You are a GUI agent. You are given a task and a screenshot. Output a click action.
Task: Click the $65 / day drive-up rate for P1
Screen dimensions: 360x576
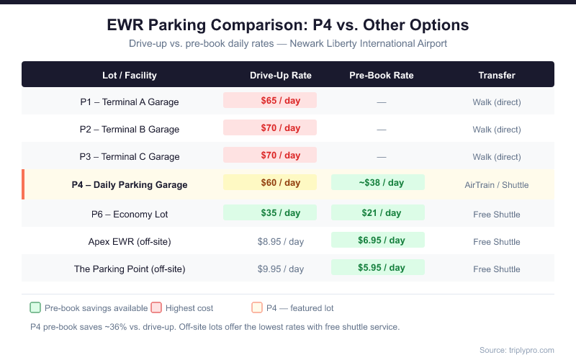coord(270,101)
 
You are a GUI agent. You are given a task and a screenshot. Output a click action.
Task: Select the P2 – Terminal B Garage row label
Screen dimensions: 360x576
coord(130,130)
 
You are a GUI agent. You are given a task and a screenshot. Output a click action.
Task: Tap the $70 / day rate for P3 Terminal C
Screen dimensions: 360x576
coord(270,156)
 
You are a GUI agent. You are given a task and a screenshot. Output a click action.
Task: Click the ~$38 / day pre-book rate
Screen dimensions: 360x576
coord(378,183)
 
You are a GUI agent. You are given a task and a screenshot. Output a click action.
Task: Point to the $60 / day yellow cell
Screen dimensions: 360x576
coord(270,183)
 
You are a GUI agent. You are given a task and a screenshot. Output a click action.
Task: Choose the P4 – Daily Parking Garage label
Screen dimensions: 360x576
coord(130,185)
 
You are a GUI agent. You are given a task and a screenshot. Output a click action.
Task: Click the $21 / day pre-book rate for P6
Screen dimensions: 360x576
coord(378,213)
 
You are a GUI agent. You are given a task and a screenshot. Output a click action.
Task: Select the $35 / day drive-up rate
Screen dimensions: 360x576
coord(270,213)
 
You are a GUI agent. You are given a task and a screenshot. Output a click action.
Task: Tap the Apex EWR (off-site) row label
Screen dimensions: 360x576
coord(130,241)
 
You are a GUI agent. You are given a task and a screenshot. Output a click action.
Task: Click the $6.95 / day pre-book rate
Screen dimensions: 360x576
coord(378,240)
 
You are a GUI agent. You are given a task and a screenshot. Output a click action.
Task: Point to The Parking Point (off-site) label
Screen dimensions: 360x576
coord(130,269)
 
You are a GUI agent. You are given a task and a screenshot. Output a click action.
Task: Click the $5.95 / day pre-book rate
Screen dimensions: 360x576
coord(378,268)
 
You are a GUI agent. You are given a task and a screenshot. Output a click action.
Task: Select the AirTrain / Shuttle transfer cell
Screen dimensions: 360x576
coord(497,185)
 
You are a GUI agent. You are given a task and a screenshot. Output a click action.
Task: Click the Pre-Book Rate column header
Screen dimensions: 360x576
coord(382,75)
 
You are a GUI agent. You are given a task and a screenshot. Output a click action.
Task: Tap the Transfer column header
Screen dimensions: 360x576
coord(497,75)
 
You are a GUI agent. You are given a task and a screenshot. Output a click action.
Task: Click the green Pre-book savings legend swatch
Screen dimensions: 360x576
coord(35,307)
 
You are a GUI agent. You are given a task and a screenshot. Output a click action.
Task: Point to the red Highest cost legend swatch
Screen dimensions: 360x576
coord(156,307)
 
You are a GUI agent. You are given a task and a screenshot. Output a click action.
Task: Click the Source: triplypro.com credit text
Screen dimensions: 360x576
coord(516,350)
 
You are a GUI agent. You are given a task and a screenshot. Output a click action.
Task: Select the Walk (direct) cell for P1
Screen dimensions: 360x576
coord(497,102)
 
